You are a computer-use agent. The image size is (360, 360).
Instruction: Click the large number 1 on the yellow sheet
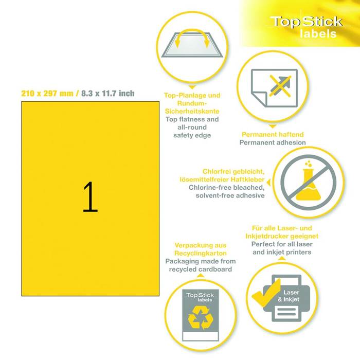(x=90, y=197)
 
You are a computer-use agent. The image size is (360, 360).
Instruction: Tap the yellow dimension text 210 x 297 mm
(x=47, y=94)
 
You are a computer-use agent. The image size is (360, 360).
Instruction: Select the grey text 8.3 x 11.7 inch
(x=107, y=94)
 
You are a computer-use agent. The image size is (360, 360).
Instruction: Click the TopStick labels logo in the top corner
(x=307, y=27)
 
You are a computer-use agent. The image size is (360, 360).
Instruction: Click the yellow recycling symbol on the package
(x=201, y=318)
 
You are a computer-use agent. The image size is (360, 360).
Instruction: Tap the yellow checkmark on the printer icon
(x=266, y=293)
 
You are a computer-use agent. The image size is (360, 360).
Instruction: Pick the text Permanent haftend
(x=273, y=134)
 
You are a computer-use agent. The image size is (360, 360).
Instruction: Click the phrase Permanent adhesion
(x=273, y=142)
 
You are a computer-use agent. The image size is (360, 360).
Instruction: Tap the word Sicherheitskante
(x=192, y=112)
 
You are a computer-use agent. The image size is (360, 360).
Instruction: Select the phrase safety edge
(x=192, y=135)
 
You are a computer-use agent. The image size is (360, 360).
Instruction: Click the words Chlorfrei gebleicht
(x=233, y=171)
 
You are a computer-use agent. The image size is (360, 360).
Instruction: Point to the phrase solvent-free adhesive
(x=230, y=195)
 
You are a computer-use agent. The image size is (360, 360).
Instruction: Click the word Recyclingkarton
(x=201, y=253)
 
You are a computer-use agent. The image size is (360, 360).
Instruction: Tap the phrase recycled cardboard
(x=201, y=269)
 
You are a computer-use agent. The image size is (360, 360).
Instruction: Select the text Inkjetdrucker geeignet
(x=282, y=236)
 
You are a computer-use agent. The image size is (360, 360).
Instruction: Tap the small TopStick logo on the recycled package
(x=201, y=297)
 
